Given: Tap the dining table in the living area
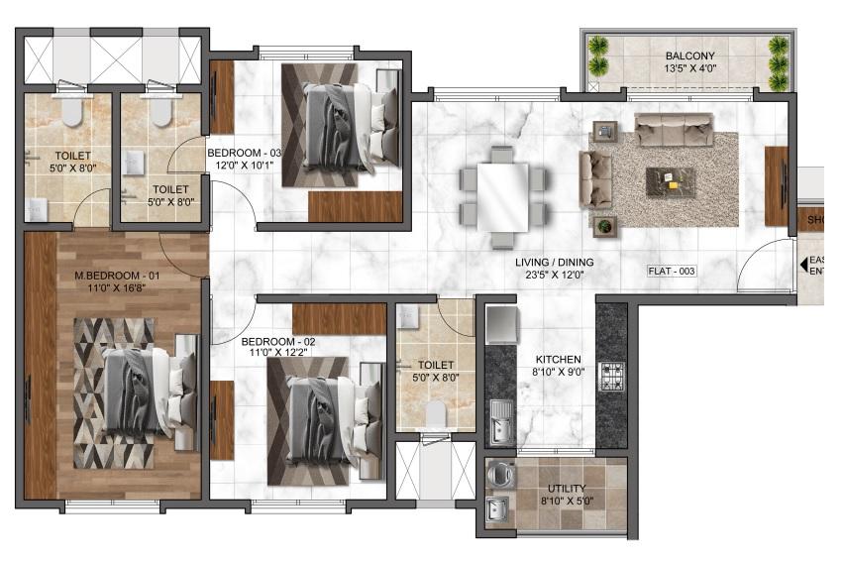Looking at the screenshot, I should click(503, 196).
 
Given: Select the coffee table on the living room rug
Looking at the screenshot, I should click(671, 181).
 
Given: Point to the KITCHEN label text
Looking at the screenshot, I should click(559, 360).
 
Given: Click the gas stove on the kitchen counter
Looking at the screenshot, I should click(611, 377).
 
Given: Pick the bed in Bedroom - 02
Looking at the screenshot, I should click(327, 412).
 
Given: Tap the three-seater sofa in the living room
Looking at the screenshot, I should click(674, 128).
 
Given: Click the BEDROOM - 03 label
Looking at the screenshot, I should click(245, 153).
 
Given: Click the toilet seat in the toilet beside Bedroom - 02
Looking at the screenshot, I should click(434, 412).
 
